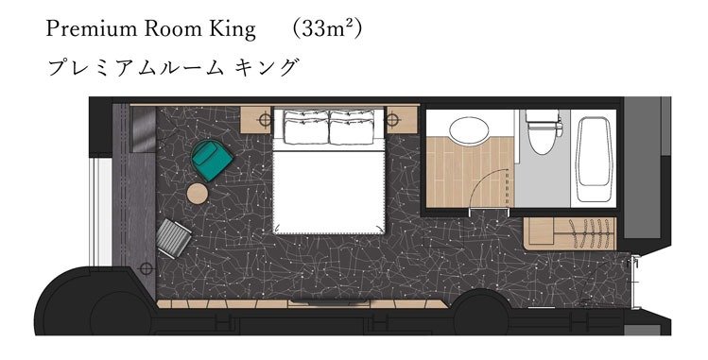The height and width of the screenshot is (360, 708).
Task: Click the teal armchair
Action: point(212,160)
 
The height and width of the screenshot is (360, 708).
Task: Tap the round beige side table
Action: point(198,194)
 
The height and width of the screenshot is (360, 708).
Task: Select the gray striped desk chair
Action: point(173,238)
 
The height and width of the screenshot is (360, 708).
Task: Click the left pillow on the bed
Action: point(306,128)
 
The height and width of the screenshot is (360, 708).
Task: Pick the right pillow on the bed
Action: point(353,128)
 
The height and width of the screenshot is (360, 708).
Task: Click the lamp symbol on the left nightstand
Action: point(265,120)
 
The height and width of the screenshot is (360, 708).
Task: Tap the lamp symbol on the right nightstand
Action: point(392,120)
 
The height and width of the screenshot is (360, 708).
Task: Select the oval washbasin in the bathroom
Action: point(469,129)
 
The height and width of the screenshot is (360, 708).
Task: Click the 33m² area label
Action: point(327,30)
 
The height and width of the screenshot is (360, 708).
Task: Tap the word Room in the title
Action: point(172,29)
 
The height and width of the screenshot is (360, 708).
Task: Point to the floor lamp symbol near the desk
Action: point(146,269)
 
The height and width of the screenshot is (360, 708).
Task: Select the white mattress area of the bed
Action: point(329,192)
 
